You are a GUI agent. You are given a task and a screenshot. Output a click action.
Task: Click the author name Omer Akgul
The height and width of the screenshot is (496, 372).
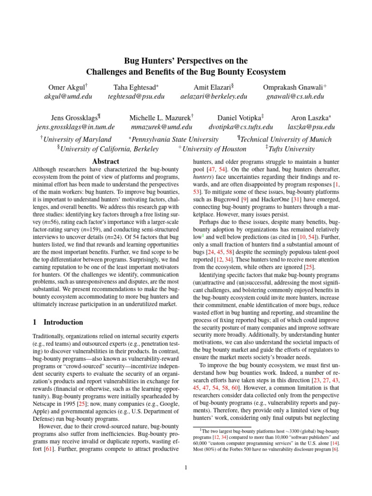[67, 87]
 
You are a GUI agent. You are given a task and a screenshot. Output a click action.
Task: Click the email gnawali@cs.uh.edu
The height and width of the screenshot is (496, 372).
[294, 96]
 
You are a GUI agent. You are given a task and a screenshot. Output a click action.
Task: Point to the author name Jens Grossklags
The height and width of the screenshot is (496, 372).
[75, 118]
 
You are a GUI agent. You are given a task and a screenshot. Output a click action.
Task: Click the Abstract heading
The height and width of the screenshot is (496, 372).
[106, 161]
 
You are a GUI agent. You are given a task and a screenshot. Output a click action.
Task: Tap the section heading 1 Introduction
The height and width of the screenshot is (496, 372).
[58, 322]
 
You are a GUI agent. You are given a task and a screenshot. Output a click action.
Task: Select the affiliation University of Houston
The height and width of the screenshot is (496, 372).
[214, 149]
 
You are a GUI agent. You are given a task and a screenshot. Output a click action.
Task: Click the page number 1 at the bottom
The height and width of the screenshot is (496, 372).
[186, 467]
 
